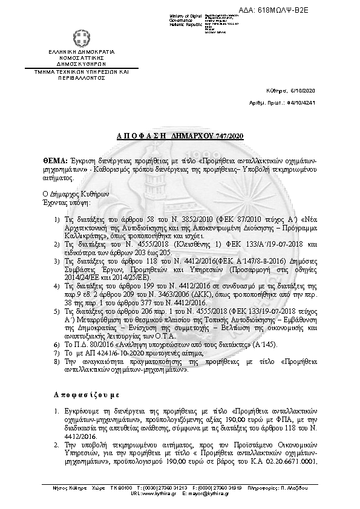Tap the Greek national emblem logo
(81, 39)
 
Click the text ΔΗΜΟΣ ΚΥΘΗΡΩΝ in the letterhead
(81, 63)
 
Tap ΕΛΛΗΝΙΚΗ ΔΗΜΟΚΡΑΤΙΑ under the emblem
(81, 53)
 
